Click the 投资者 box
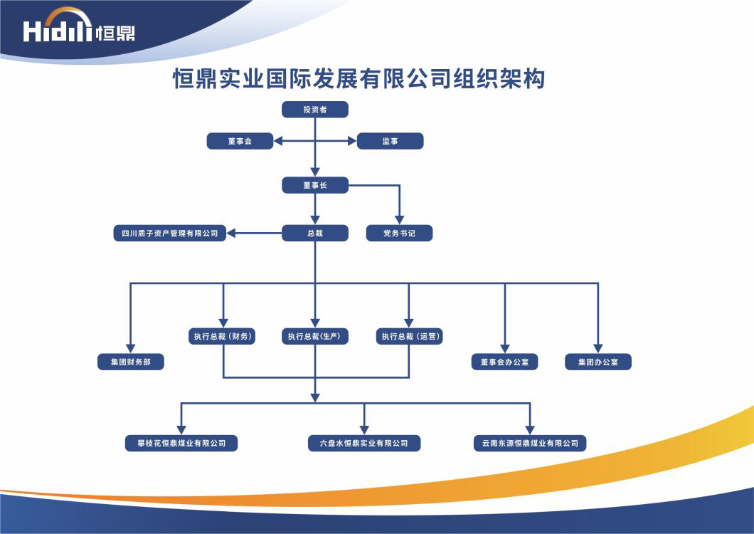tap(315, 110)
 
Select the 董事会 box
tap(240, 141)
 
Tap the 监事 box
tap(390, 141)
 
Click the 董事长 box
tap(315, 185)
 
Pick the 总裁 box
tap(315, 233)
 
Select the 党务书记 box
tap(399, 233)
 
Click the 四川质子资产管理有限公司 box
tap(170, 233)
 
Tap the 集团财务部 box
tap(131, 362)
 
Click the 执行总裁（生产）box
tap(315, 336)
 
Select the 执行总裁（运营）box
tap(409, 336)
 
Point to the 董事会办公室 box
tap(504, 362)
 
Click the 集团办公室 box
tap(598, 362)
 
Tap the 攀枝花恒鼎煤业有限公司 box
tap(181, 443)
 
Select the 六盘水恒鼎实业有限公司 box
tap(364, 443)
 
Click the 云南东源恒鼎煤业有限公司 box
tap(530, 443)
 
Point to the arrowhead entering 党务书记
tap(399, 219)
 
